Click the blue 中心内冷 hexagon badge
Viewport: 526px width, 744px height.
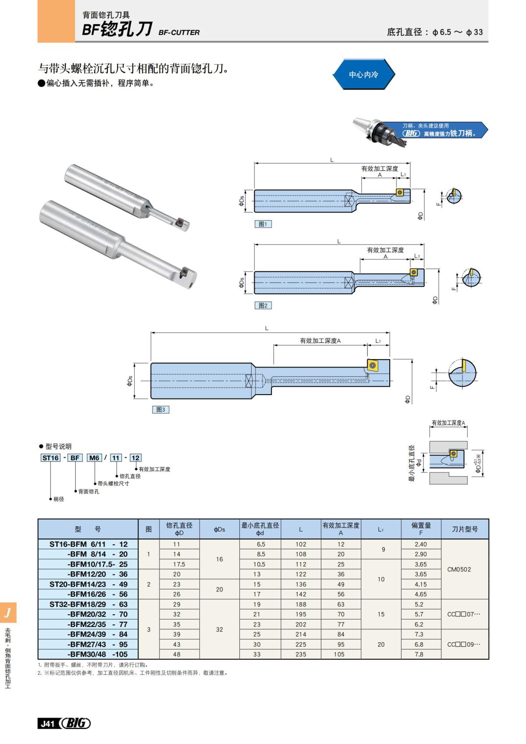click(x=363, y=75)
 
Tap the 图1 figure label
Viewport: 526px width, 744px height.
click(x=263, y=224)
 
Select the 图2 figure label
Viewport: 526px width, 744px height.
click(x=263, y=306)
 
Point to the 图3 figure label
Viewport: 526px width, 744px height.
click(x=160, y=409)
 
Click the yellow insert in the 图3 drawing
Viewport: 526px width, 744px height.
click(x=373, y=365)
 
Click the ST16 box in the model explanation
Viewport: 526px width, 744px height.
click(x=50, y=458)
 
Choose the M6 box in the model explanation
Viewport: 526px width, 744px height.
click(x=94, y=458)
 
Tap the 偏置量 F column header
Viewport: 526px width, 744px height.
click(x=421, y=529)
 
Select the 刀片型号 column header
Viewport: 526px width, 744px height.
click(x=465, y=529)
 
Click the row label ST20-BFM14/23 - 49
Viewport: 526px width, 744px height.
click(x=88, y=584)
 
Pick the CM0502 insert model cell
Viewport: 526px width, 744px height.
click(x=459, y=570)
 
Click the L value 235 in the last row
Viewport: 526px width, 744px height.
click(x=301, y=654)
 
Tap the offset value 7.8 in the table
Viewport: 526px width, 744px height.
click(x=419, y=654)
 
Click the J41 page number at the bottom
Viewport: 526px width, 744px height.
click(x=47, y=723)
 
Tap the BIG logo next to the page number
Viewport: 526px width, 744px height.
click(x=75, y=723)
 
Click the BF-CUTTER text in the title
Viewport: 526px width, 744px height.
click(x=179, y=32)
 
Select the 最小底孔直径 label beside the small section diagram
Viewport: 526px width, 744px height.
click(x=412, y=463)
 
